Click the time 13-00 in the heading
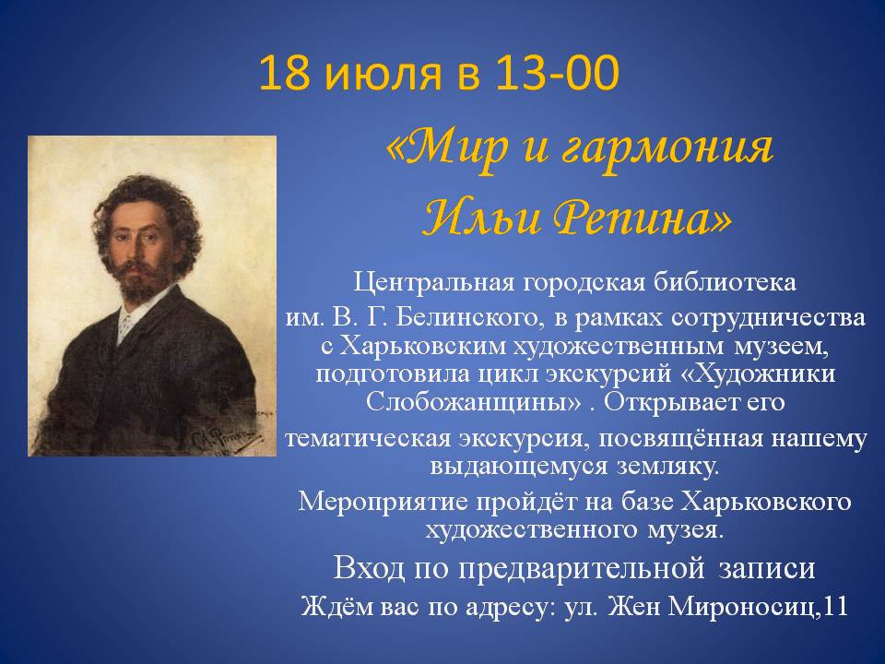[x=557, y=74]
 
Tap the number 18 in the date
[x=285, y=74]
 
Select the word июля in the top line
[x=383, y=75]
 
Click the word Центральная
[x=434, y=282]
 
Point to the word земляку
[x=667, y=467]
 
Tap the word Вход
[x=369, y=567]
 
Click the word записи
[x=767, y=568]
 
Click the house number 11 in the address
[x=835, y=607]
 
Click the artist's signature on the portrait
[x=224, y=436]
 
